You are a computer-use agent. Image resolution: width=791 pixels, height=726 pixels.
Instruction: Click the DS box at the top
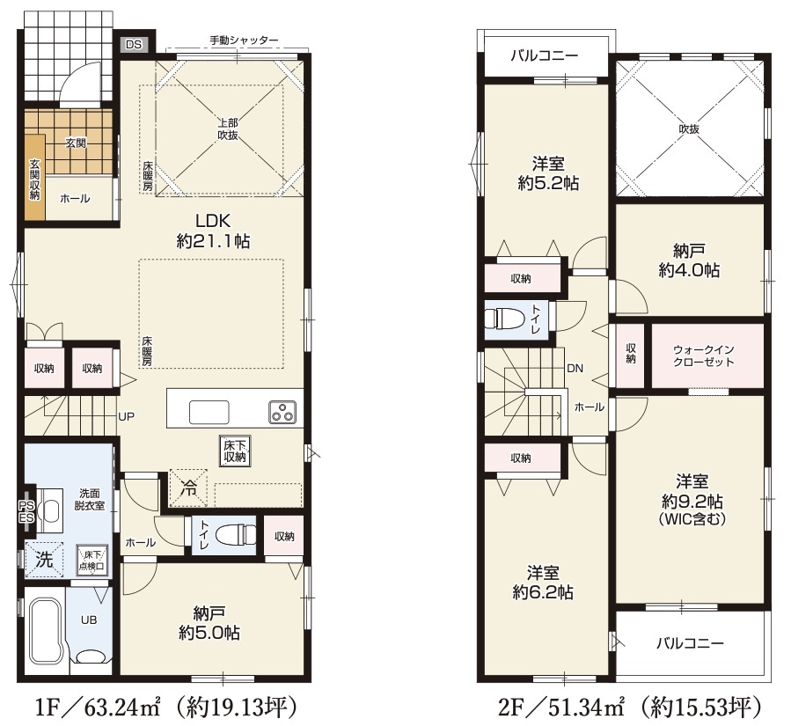pyautogui.click(x=135, y=44)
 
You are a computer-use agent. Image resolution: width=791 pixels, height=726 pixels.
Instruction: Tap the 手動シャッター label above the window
pyautogui.click(x=244, y=40)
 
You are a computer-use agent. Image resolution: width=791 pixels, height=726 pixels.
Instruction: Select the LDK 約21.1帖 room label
pyautogui.click(x=213, y=231)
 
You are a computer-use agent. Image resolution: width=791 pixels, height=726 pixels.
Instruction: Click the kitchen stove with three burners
pyautogui.click(x=282, y=411)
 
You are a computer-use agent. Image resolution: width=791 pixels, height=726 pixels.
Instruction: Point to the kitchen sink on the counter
pyautogui.click(x=209, y=412)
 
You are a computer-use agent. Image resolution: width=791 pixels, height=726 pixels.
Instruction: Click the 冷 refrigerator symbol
pyautogui.click(x=188, y=488)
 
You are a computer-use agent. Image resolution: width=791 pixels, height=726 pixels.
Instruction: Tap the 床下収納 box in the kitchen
pyautogui.click(x=235, y=451)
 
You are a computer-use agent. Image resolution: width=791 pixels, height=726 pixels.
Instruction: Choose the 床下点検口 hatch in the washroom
pyautogui.click(x=92, y=560)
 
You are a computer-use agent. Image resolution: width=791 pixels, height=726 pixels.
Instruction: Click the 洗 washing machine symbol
pyautogui.click(x=44, y=560)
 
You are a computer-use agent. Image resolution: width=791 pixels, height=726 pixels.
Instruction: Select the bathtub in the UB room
pyautogui.click(x=42, y=629)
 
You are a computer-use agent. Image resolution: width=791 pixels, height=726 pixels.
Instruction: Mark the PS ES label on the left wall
pyautogui.click(x=26, y=511)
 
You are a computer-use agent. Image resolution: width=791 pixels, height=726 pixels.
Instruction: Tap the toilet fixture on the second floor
pyautogui.click(x=505, y=318)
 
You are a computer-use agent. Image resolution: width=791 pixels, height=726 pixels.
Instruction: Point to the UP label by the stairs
pyautogui.click(x=126, y=417)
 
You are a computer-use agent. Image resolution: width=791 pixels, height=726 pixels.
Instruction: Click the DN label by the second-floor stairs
pyautogui.click(x=575, y=369)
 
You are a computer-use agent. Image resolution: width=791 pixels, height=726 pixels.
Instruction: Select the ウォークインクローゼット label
pyautogui.click(x=704, y=356)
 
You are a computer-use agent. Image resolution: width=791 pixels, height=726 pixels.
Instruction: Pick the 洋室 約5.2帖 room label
pyautogui.click(x=548, y=173)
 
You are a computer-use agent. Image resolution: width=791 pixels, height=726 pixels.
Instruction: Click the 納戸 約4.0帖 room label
pyautogui.click(x=689, y=260)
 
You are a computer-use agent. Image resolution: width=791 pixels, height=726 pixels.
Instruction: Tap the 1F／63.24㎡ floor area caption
pyautogui.click(x=98, y=707)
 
